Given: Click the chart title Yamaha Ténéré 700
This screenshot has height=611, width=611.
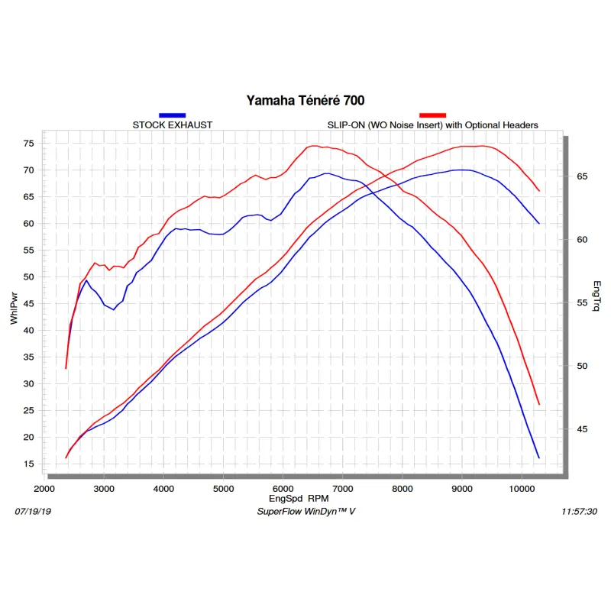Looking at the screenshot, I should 305,100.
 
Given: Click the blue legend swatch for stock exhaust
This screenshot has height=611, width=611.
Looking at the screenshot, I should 172,115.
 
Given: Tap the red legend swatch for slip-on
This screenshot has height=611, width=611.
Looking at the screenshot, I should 432,115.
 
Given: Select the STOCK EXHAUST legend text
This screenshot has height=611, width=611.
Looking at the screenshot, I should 173,124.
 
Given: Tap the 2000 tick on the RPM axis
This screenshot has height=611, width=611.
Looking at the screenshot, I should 44,488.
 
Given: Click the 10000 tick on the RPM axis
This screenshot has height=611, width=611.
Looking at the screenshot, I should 521,488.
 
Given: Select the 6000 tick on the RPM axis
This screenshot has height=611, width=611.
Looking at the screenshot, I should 283,488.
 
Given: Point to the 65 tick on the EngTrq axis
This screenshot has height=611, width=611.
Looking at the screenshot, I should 581,176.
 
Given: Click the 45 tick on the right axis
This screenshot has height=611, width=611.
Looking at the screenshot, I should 581,429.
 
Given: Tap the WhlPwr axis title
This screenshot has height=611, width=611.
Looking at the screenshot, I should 14,308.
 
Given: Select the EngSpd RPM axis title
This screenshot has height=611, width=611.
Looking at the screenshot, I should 305,498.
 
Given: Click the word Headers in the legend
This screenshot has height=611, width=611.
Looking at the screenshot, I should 520,124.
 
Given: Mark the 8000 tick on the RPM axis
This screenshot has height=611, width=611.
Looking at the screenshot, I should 402,488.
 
